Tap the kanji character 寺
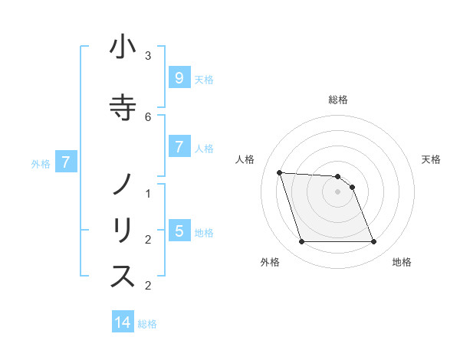123,107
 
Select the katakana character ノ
123,185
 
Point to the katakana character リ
123,230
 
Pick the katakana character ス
123,277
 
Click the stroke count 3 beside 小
148,55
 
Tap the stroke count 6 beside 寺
148,116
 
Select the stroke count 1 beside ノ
148,194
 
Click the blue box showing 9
179,77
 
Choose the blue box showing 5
179,231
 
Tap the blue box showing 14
123,322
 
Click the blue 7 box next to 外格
67,162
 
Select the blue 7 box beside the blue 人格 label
179,146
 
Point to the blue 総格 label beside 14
147,324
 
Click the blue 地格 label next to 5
204,232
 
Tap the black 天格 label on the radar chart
432,159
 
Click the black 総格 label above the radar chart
338,100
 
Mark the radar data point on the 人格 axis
279,172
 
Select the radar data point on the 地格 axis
374,242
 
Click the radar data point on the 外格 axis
301,242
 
